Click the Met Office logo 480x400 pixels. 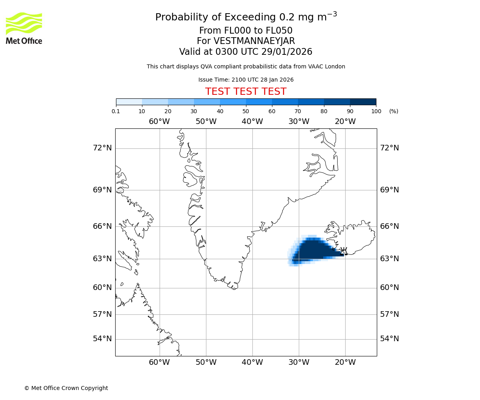point(24,28)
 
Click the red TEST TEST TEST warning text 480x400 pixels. point(246,92)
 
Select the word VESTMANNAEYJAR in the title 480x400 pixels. point(254,41)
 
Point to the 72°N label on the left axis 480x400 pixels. point(102,148)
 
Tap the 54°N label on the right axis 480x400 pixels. point(389,339)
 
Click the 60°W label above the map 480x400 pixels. point(159,122)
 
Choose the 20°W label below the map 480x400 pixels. point(345,362)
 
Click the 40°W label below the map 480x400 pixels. point(252,362)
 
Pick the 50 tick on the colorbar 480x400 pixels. point(246,111)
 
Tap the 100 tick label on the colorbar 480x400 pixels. point(376,111)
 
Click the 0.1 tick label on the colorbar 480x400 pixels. point(116,111)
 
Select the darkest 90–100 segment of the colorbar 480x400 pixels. point(363,102)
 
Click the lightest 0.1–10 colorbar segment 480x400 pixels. point(129,102)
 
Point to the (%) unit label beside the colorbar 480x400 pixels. point(394,111)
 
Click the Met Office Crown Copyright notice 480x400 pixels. point(66,388)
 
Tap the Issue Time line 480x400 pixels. point(246,80)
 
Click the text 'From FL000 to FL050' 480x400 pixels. point(246,31)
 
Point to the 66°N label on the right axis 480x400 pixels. point(389,226)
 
